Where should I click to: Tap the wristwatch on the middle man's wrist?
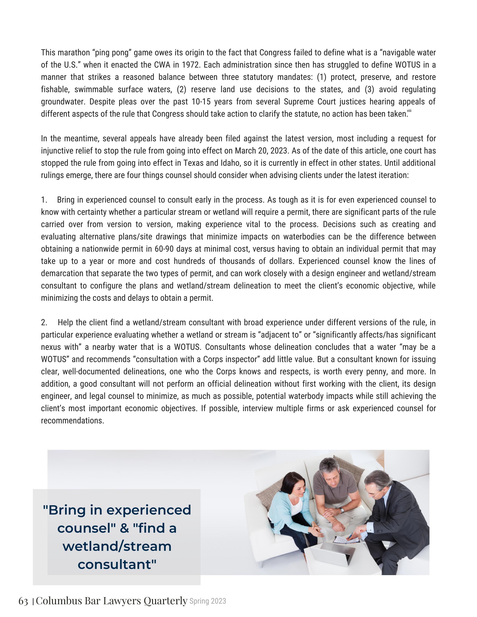pyautogui.click(x=342, y=510)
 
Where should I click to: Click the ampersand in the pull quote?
pyautogui.click(x=124, y=528)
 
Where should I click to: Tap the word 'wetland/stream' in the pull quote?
pyautogui.click(x=117, y=546)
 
